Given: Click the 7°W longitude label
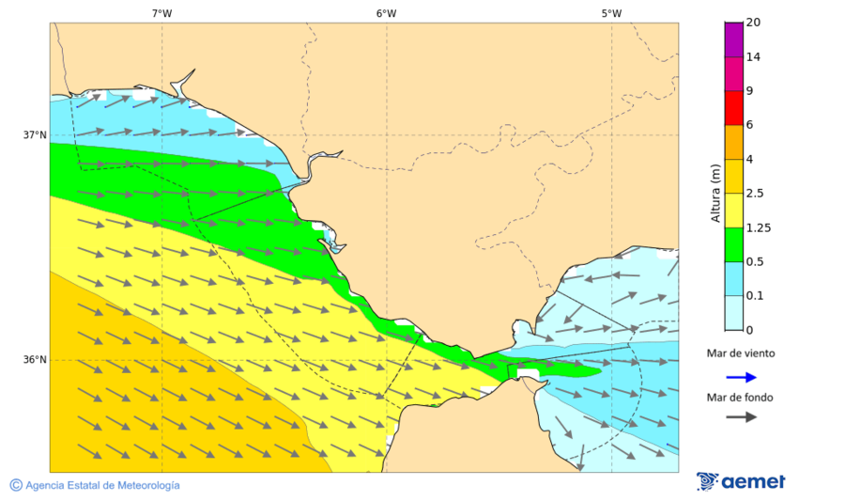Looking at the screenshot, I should pos(161,13).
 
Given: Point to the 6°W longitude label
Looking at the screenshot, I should pos(386,13).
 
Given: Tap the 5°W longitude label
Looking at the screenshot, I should pos(611,13).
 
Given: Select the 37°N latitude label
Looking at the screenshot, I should pos(35,134).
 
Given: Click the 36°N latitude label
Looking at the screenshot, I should pos(35,360).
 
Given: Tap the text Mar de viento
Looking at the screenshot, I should pos(741,353).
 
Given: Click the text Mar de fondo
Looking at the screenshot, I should pos(741,397).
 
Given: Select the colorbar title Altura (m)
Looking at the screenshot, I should pos(715,193).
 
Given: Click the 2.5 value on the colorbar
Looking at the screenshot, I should pos(754,194).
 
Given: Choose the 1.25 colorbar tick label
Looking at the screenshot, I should pos(757,227).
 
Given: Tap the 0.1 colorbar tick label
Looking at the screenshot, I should pos(754,296).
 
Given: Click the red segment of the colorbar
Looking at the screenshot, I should pos(733,107).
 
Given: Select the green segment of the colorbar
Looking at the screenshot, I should pos(733,244).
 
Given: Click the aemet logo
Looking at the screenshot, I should pos(741,481).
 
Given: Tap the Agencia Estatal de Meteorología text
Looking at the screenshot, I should pos(102,485).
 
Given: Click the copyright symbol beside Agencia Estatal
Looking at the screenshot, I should pos(16,485).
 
